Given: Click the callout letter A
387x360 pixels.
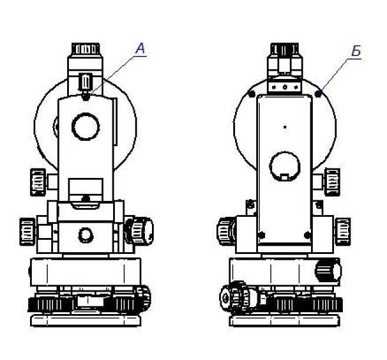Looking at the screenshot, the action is (x=140, y=48).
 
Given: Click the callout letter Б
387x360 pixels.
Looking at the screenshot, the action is (x=356, y=51).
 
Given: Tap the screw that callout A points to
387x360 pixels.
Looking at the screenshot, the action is (x=85, y=97).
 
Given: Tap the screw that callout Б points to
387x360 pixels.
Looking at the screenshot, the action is (x=318, y=94).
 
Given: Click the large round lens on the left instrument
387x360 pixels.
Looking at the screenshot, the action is (x=85, y=127).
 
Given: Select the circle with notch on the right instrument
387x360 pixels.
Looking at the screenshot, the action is (x=285, y=166).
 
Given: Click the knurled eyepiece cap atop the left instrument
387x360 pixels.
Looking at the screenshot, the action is (x=85, y=49).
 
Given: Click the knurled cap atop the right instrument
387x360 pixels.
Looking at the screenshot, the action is (x=285, y=49).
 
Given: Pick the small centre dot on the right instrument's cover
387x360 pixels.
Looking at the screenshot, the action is (x=285, y=127).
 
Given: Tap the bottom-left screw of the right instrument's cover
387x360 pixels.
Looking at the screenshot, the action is (x=262, y=235).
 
